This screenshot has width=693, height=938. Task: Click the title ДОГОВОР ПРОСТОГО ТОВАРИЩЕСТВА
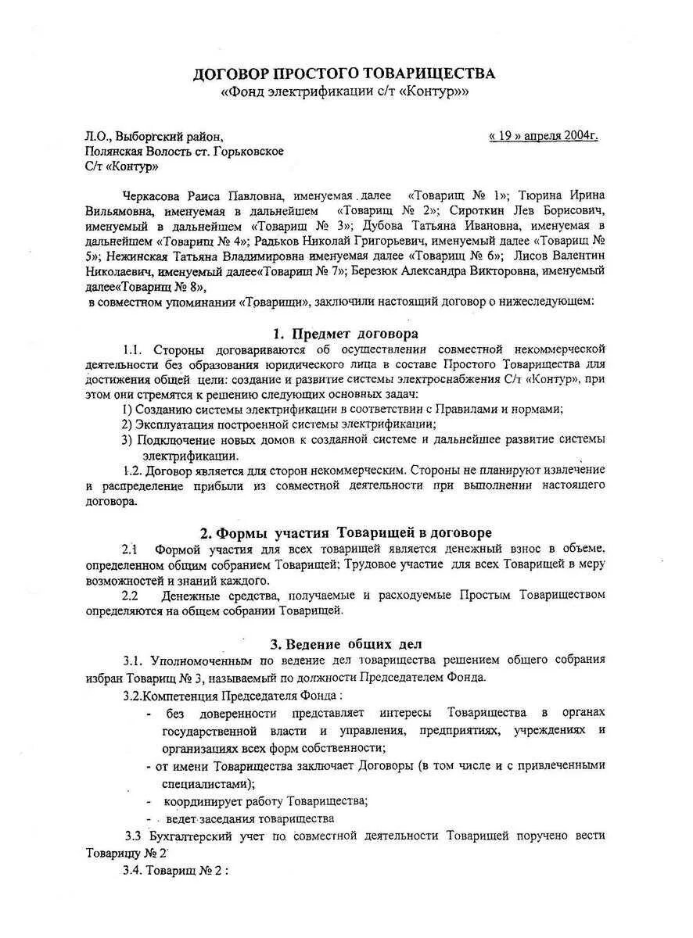[x=345, y=74]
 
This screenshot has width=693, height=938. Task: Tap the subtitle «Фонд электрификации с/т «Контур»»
[x=345, y=93]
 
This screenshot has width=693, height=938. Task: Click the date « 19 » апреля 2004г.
[x=544, y=136]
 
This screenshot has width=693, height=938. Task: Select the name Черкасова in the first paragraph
[x=155, y=195]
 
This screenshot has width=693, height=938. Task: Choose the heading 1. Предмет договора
[x=345, y=334]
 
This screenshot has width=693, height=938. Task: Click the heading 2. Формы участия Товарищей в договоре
[x=345, y=533]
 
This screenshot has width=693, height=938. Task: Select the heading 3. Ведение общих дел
[x=345, y=644]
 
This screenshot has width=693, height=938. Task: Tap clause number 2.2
[x=131, y=595]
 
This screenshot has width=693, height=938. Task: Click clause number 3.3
[x=135, y=836]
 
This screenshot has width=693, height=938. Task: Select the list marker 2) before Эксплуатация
[x=127, y=424]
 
